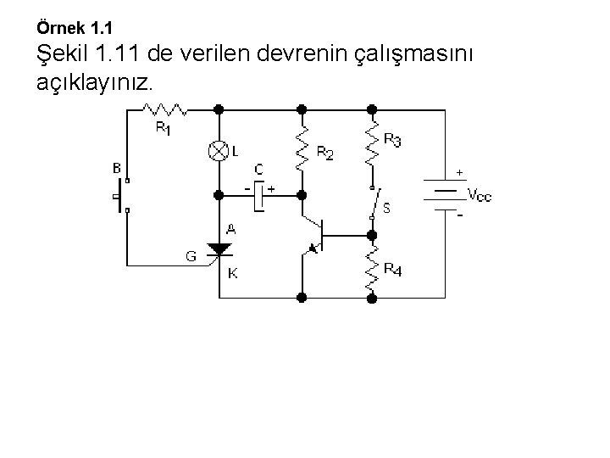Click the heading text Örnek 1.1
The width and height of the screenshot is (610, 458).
(x=75, y=28)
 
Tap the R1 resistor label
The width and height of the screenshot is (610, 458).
(x=162, y=129)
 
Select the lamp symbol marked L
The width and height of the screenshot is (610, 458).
(x=219, y=151)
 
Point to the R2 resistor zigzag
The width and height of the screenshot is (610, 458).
(x=302, y=149)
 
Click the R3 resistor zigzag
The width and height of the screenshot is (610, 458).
(x=370, y=142)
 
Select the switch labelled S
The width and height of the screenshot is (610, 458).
(x=373, y=202)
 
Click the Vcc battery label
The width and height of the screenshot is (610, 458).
(x=479, y=196)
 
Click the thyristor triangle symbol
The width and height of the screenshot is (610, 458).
(x=219, y=249)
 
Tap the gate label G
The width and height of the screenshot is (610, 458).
(x=191, y=254)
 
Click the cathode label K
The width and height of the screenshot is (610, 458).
(x=232, y=273)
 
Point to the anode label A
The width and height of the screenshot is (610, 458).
(x=230, y=229)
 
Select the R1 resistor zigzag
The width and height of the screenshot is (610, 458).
(x=164, y=109)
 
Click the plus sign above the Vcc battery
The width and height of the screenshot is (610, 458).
(x=459, y=172)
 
